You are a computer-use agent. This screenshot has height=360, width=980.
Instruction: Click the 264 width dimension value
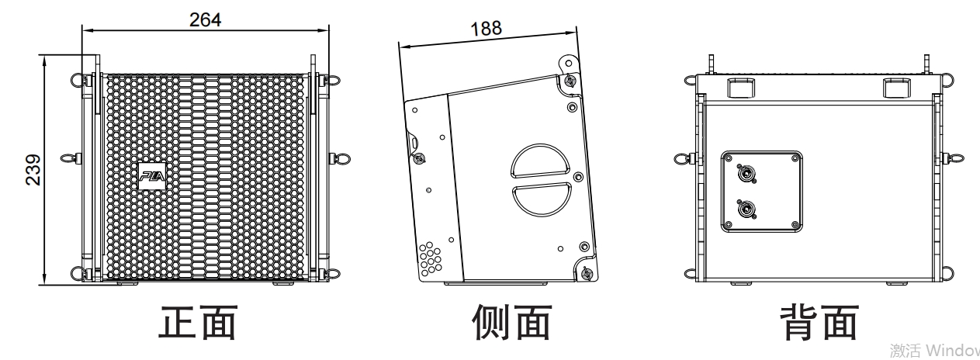click(x=205, y=20)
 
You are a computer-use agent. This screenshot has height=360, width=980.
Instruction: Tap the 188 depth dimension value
click(x=486, y=29)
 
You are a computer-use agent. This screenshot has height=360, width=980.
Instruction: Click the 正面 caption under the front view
click(x=197, y=322)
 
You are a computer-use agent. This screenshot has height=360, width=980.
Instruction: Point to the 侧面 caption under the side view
click(x=512, y=322)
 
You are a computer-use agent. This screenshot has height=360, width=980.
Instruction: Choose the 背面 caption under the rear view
click(x=819, y=322)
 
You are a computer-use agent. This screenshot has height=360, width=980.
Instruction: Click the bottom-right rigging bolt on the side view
click(x=586, y=272)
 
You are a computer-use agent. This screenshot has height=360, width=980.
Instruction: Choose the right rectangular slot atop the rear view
click(x=897, y=88)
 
